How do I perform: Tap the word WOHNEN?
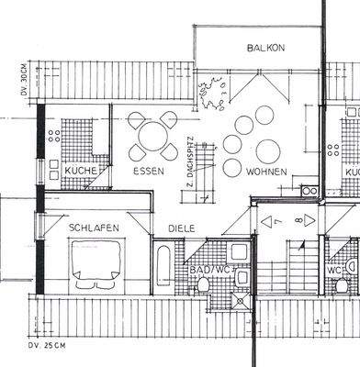coord(266,172)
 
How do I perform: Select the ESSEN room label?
coord(148,172)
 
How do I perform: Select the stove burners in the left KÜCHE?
coord(55,138)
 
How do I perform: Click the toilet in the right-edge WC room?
coord(342,286)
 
